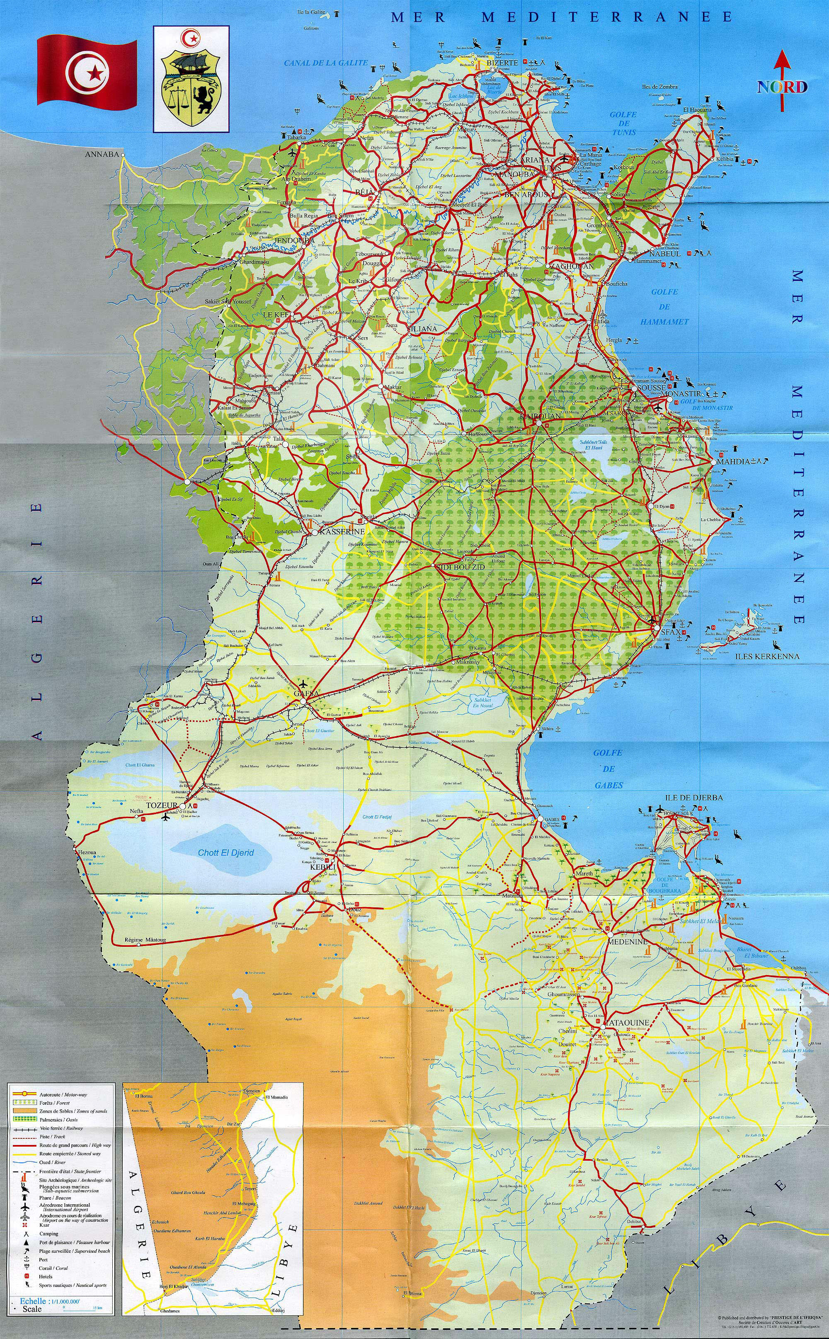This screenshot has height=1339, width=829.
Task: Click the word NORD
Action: point(783,87)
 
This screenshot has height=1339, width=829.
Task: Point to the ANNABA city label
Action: point(102,155)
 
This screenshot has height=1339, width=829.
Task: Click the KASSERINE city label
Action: point(342,532)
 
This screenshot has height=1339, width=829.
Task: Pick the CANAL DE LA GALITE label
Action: point(326,63)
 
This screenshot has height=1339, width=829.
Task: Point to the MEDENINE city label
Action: point(627,941)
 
